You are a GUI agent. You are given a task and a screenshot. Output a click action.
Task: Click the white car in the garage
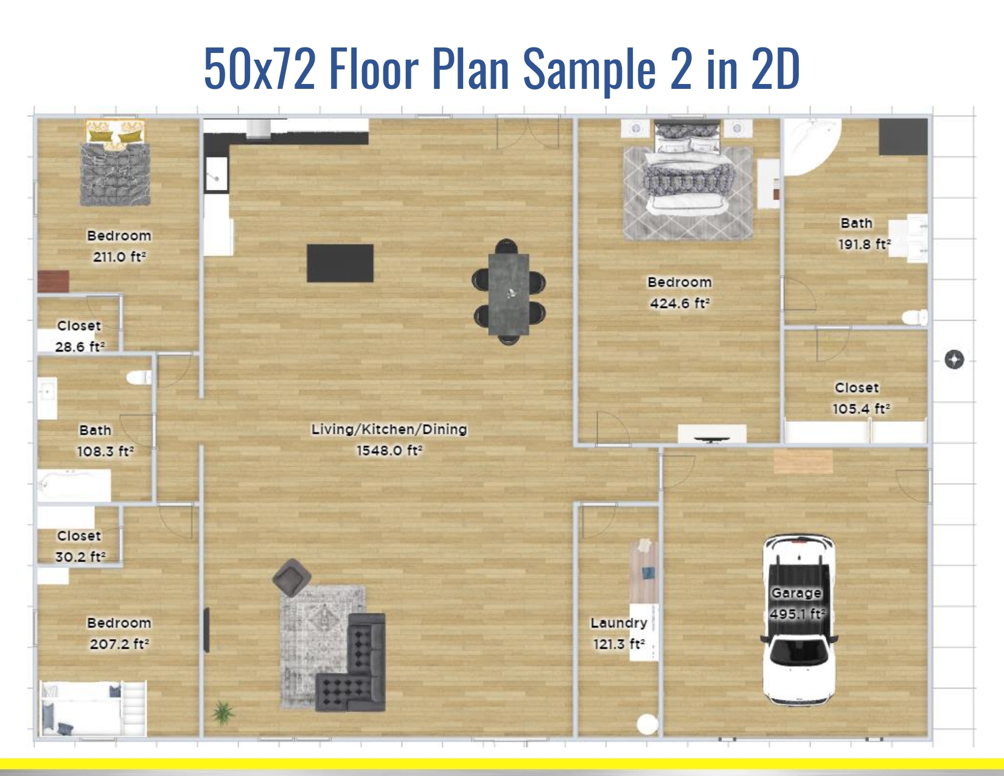click(798, 621)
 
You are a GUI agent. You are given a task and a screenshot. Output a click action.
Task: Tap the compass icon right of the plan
click(954, 360)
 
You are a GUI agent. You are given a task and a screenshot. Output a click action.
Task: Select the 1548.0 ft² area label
click(389, 450)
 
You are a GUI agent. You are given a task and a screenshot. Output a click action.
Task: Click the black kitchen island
click(340, 263)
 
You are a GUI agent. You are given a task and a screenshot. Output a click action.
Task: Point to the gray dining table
click(508, 293)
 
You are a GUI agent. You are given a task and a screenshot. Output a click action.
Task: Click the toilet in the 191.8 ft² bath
click(914, 317)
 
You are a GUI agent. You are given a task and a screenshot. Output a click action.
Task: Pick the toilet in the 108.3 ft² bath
click(140, 378)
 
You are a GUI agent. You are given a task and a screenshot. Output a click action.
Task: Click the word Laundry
click(618, 623)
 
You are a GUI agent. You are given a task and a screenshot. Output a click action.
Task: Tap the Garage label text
click(796, 593)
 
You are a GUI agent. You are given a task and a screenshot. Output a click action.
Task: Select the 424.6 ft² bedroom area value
click(680, 303)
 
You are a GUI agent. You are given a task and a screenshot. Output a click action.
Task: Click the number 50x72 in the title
click(259, 68)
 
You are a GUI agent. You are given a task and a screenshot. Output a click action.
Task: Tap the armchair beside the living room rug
click(291, 577)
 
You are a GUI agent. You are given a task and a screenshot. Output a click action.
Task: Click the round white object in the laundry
click(647, 724)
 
